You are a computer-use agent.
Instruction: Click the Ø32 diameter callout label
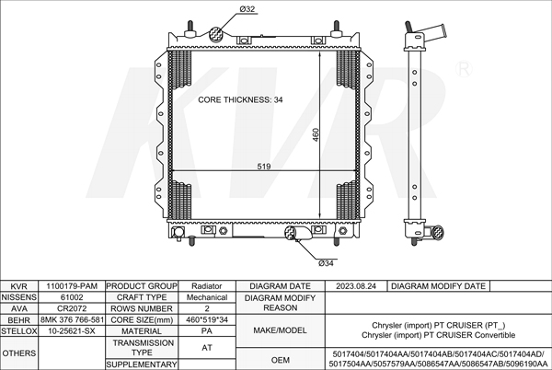coord(247,9)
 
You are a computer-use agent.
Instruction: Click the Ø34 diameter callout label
coord(326,263)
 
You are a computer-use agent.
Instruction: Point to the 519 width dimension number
coord(264,167)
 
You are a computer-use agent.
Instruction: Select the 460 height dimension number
coord(316,135)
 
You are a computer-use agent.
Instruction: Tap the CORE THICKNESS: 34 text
coord(240,100)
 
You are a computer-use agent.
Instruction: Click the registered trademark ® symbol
coord(464,69)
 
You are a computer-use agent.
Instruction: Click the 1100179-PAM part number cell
coord(72,286)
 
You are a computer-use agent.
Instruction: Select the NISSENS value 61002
coord(72,297)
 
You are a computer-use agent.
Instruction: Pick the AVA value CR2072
coord(72,308)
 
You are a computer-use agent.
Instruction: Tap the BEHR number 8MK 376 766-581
coord(72,320)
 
